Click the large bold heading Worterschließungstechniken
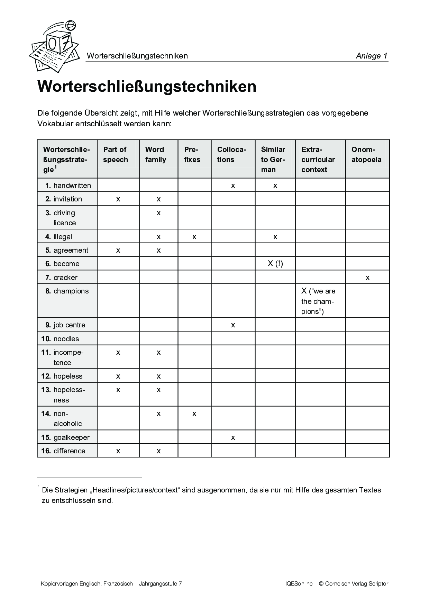147,87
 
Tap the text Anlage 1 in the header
372,56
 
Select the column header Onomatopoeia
366,155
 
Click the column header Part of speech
116,155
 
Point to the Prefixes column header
192,155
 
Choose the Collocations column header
231,155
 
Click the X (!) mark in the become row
275,264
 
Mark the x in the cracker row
367,278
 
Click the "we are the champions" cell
318,301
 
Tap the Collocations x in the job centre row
233,325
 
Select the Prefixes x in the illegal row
194,237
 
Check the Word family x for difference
159,451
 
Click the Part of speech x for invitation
118,199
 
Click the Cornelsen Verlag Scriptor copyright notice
353,584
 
